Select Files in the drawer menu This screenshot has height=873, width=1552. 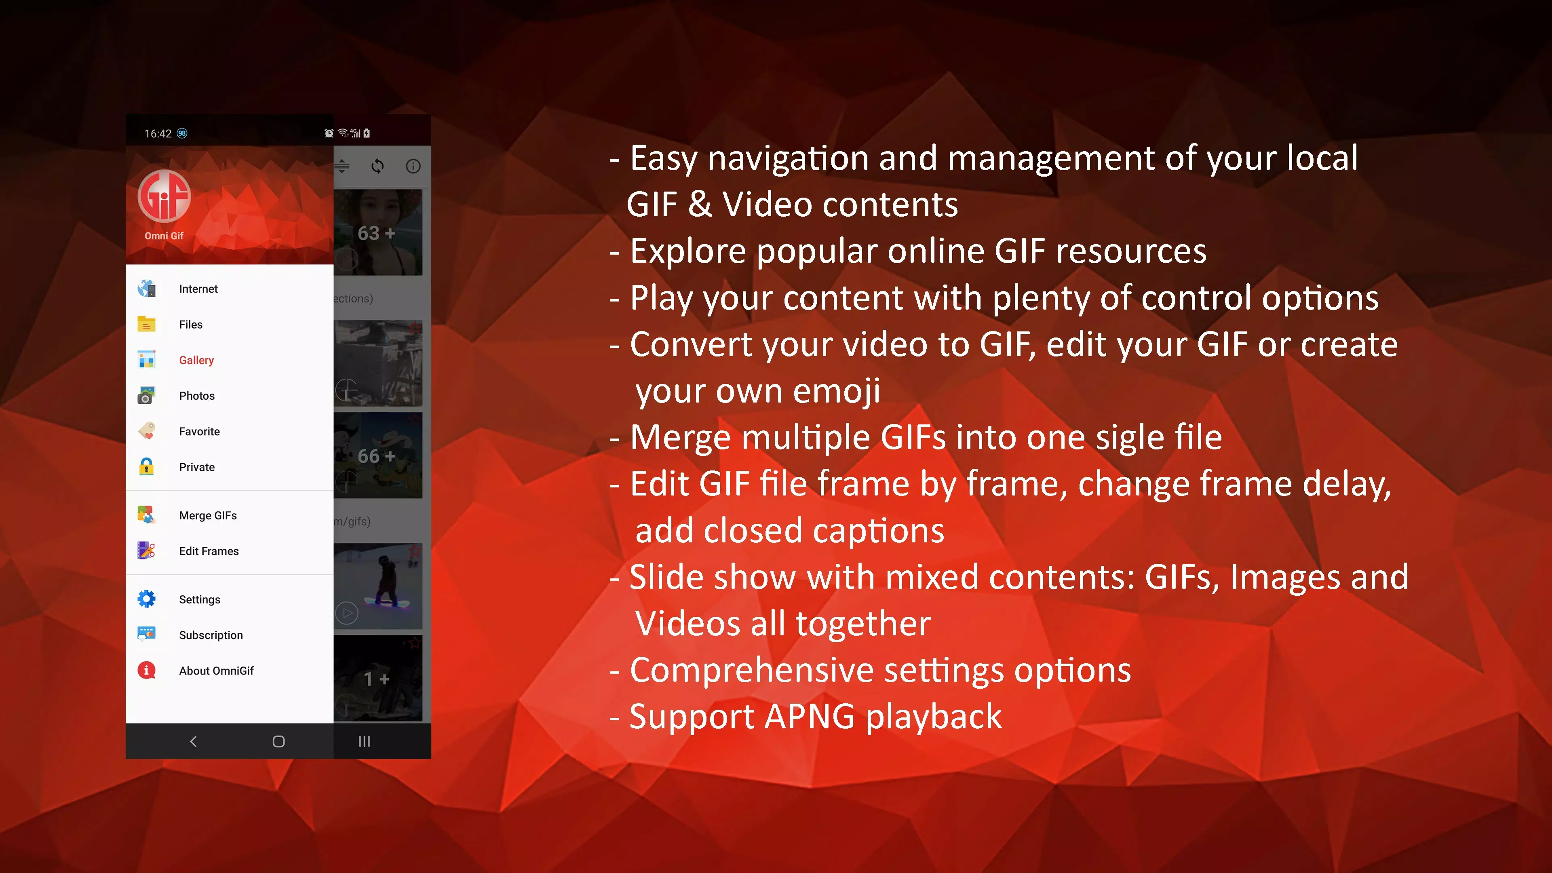(x=190, y=325)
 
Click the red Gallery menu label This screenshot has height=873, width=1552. (x=196, y=360)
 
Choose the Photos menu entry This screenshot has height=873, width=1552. (x=196, y=396)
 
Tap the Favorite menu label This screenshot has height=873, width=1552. (x=199, y=431)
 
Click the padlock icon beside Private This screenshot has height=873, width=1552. (x=146, y=467)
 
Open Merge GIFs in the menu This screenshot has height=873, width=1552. (x=208, y=516)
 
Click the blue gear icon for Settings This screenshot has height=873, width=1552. (x=146, y=599)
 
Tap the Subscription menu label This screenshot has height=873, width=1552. (x=211, y=635)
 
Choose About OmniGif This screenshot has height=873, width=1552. (x=216, y=671)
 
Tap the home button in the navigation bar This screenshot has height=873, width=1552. (x=278, y=742)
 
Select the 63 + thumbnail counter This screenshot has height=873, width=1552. (x=377, y=233)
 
